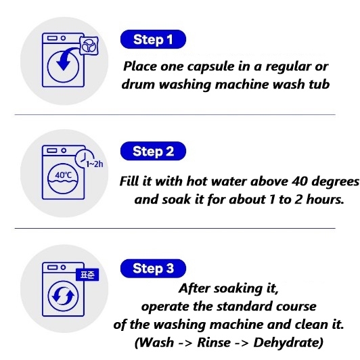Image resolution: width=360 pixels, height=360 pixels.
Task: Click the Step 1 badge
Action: (x=153, y=39)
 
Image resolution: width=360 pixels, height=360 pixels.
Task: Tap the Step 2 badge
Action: (x=153, y=151)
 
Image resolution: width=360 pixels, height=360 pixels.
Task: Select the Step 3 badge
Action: (x=153, y=268)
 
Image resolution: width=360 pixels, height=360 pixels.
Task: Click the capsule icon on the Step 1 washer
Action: (x=89, y=45)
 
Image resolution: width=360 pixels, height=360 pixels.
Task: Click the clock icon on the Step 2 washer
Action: (x=84, y=158)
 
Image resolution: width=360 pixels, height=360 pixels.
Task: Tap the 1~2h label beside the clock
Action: (x=95, y=164)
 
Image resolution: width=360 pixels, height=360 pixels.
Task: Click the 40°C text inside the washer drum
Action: (x=64, y=175)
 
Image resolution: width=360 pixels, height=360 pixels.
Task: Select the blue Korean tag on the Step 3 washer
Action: (x=87, y=275)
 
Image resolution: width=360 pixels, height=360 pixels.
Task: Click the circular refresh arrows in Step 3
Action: (x=63, y=296)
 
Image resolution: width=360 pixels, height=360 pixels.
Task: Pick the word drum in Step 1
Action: (x=139, y=85)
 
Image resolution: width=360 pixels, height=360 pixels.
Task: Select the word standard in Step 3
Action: (x=244, y=307)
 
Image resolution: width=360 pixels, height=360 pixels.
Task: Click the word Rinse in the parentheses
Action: (x=214, y=343)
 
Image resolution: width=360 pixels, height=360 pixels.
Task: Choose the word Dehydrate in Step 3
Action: (x=288, y=343)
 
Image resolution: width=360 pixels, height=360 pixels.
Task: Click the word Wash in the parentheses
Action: (x=155, y=343)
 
